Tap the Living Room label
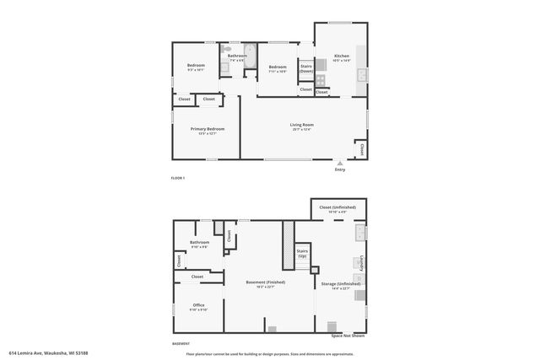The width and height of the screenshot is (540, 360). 302,126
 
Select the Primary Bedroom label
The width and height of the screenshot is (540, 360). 208,131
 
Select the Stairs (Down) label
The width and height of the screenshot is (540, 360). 306,68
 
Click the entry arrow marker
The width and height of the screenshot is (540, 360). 339,163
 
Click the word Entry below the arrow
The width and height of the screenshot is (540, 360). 339,169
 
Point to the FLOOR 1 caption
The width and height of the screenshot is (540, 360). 177,178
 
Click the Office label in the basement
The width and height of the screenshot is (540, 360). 199,305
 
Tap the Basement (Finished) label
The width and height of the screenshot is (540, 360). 266,283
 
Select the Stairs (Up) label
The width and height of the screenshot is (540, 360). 302,253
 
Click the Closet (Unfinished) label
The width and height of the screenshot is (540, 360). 337,207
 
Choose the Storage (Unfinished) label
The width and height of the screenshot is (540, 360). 341,285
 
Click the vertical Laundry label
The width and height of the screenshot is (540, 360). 362,264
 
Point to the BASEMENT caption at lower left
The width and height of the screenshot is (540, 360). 181,344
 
